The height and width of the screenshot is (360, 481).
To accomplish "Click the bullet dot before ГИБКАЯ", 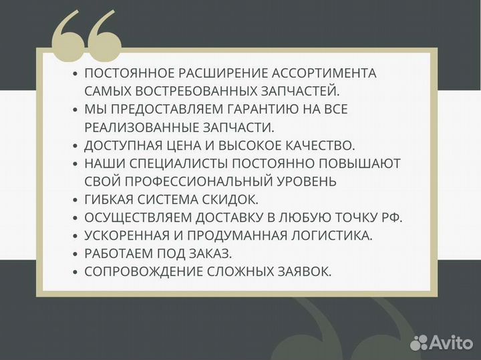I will pos(75,200).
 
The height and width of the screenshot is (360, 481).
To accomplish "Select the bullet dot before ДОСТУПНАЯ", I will pos(75,146).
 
